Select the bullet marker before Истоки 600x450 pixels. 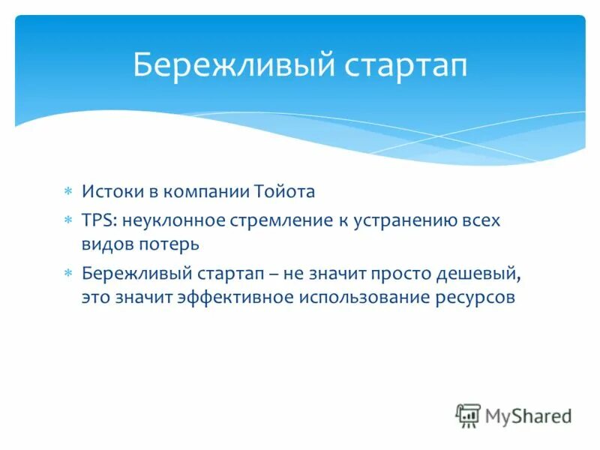pyautogui.click(x=67, y=192)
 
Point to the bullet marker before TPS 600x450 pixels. pyautogui.click(x=67, y=222)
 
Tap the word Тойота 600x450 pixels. pyautogui.click(x=286, y=191)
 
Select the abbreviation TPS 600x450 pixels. pyautogui.click(x=97, y=221)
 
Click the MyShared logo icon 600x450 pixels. pyautogui.click(x=468, y=415)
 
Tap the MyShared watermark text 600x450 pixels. pyautogui.click(x=528, y=415)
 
